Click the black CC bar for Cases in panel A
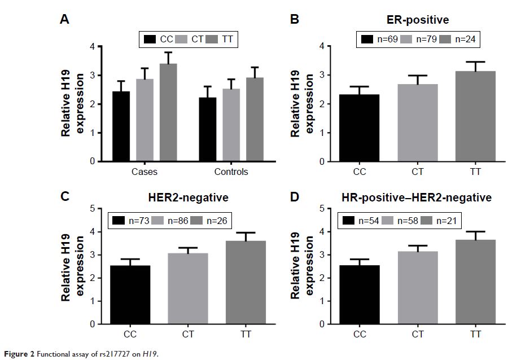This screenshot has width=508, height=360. coord(121,126)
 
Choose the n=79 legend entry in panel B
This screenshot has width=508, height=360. coord(414,39)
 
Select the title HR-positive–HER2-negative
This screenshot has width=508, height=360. coord(417,197)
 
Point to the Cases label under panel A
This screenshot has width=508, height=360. coord(145,172)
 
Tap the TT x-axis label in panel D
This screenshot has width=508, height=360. coord(475,335)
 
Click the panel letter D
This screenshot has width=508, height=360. coord(295,197)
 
